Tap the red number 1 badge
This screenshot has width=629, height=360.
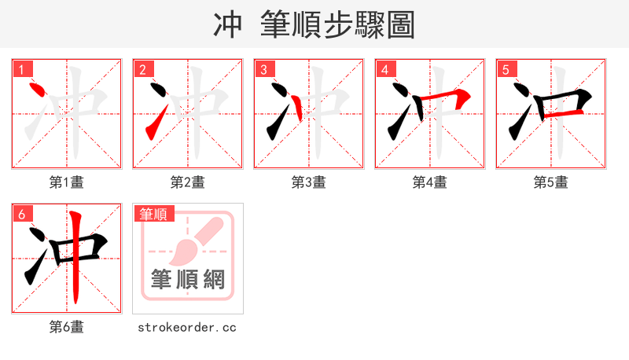pos(23,70)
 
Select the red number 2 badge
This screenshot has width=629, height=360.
pos(143,70)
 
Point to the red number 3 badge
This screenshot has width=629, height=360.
pos(264,70)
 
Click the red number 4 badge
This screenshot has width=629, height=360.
pos(385,70)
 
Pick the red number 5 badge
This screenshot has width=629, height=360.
pos(506,70)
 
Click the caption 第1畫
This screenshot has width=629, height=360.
pos(66,182)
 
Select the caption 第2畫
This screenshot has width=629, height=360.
pos(187,182)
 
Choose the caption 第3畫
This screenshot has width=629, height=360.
pos(308,182)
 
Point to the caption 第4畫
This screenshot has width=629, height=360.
pos(429,182)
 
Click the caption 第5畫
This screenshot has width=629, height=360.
pos(550,182)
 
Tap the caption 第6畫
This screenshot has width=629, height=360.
pos(66,327)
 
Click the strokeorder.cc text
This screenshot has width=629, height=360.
pos(187,327)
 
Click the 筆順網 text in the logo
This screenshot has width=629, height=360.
pos(188,280)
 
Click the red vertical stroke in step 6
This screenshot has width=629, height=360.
pos(75,259)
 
